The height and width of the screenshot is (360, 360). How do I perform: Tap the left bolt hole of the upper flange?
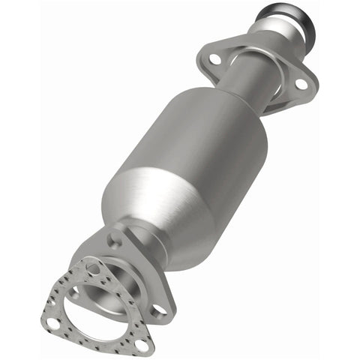[215, 58]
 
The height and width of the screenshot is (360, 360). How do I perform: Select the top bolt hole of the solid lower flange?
[114, 240]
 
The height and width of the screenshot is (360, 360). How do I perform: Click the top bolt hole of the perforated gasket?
[92, 268]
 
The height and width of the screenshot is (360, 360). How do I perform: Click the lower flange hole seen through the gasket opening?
[73, 295]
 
